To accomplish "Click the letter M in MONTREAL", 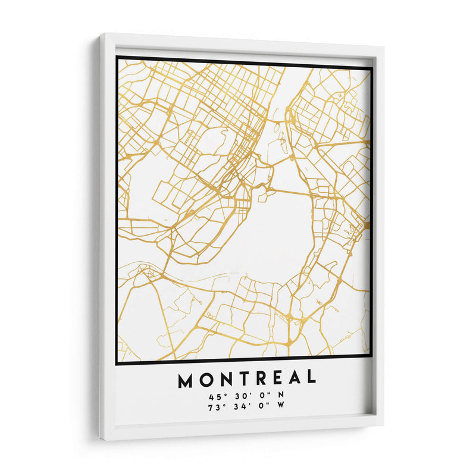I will pyautogui.click(x=184, y=378).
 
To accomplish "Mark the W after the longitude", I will pyautogui.click(x=280, y=408).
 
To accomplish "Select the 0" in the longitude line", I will pyautogui.click(x=261, y=408).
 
